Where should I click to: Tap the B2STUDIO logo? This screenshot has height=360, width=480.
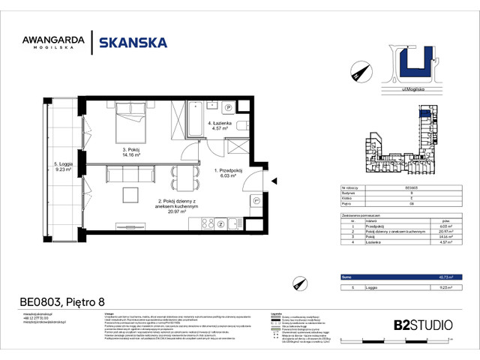(x=423, y=325)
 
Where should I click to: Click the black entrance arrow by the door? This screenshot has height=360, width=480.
(x=274, y=179)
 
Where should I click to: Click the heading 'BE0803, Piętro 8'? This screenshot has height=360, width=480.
(x=61, y=303)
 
